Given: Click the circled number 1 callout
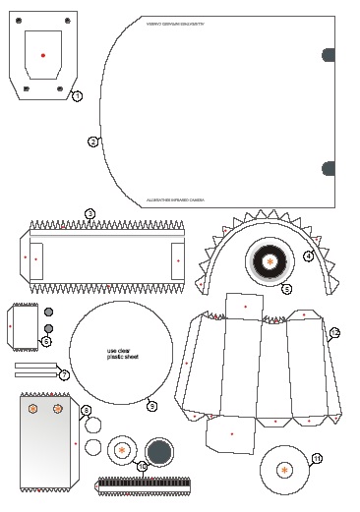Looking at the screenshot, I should pyautogui.click(x=78, y=95).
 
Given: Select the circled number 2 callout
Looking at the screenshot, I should pyautogui.click(x=92, y=142).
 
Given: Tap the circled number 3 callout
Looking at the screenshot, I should pyautogui.click(x=90, y=213).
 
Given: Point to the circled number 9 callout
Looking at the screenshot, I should pyautogui.click(x=150, y=405).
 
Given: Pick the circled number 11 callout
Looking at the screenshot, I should pyautogui.click(x=317, y=458).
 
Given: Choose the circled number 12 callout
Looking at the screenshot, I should pyautogui.click(x=334, y=333).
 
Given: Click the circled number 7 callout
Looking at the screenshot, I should pyautogui.click(x=64, y=374).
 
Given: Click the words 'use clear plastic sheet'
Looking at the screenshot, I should pyautogui.click(x=120, y=354).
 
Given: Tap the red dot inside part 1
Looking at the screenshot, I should pyautogui.click(x=42, y=55).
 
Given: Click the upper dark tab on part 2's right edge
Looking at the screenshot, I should pyautogui.click(x=330, y=55).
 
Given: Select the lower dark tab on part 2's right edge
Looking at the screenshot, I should pyautogui.click(x=330, y=168).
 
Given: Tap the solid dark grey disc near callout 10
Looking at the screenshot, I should pyautogui.click(x=159, y=452).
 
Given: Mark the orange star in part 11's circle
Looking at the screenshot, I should pyautogui.click(x=284, y=470).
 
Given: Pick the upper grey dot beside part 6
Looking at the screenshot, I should pyautogui.click(x=48, y=313).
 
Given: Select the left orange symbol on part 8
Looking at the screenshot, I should pyautogui.click(x=33, y=407).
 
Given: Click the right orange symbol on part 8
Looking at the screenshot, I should pyautogui.click(x=58, y=407).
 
